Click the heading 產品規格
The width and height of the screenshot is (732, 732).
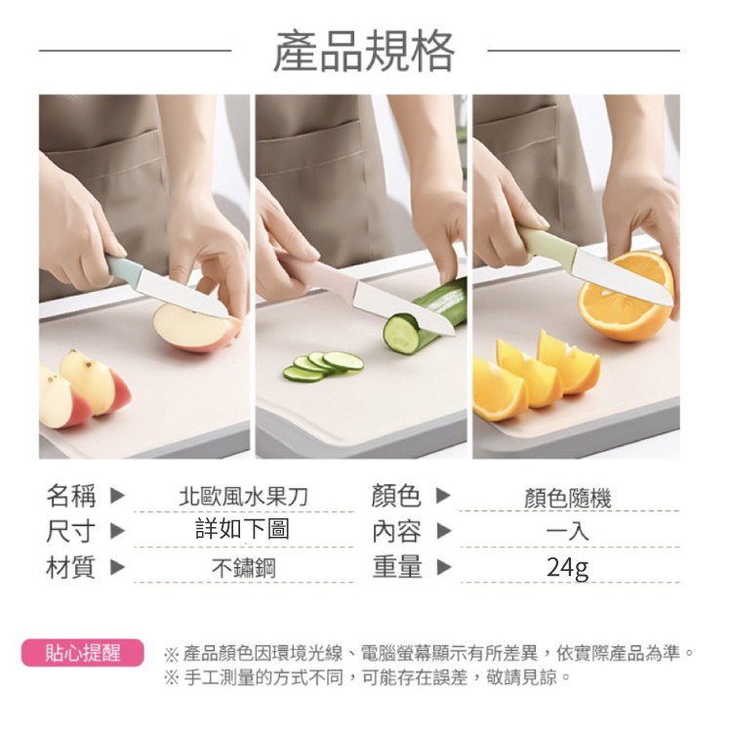point(363,52)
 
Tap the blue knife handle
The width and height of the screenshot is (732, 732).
point(123,269)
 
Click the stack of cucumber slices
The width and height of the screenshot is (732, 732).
point(323,366)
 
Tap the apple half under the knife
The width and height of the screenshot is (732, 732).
point(196,328)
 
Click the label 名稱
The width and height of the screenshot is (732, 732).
point(71,495)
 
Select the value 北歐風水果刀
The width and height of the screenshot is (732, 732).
point(243,497)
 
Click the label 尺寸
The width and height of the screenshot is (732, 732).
point(71,531)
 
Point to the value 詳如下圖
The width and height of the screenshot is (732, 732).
point(243,529)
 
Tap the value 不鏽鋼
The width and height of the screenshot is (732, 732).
point(244,569)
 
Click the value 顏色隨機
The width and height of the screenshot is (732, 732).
point(568,498)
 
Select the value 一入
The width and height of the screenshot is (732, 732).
point(568,531)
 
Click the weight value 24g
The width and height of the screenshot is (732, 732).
point(568,568)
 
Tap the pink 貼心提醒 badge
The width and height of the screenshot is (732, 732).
point(82,652)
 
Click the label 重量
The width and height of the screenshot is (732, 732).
point(397,566)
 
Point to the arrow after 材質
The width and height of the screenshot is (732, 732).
point(117,567)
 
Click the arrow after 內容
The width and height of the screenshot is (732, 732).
point(444,531)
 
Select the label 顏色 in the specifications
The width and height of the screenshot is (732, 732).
point(396,495)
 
